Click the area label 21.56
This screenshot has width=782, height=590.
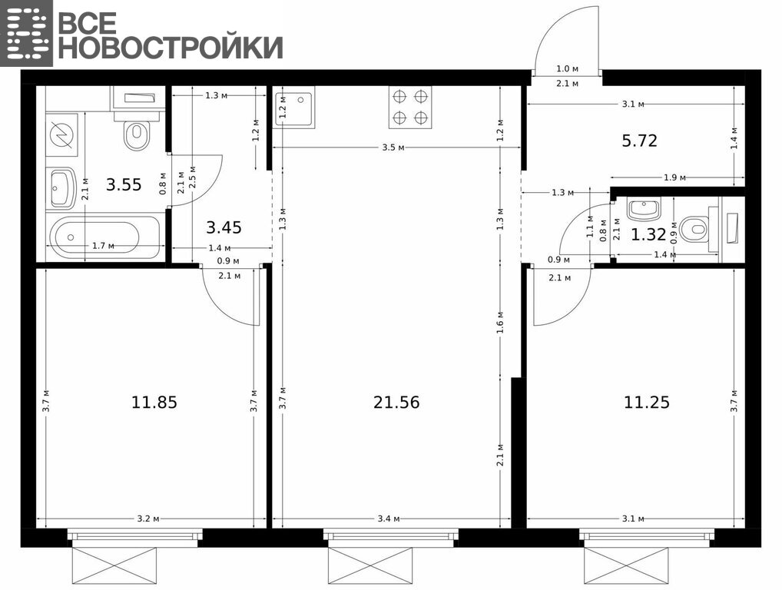click(x=396, y=402)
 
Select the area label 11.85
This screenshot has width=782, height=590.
click(x=154, y=402)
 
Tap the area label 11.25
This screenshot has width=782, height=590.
click(x=646, y=402)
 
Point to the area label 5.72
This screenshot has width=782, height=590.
click(x=639, y=141)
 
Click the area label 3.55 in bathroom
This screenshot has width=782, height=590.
click(x=124, y=185)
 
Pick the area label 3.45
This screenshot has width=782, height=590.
click(x=224, y=228)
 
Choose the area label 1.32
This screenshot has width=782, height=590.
click(x=648, y=234)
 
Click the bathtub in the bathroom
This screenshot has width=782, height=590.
click(x=105, y=238)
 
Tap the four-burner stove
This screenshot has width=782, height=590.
click(x=410, y=108)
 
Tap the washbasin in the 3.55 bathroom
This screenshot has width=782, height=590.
click(x=62, y=188)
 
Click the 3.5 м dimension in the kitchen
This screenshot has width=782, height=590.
click(x=393, y=147)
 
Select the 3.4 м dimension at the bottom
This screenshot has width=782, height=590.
click(x=389, y=519)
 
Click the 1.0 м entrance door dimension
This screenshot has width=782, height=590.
click(x=567, y=69)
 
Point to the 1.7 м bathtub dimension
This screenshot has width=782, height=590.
click(x=103, y=245)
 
